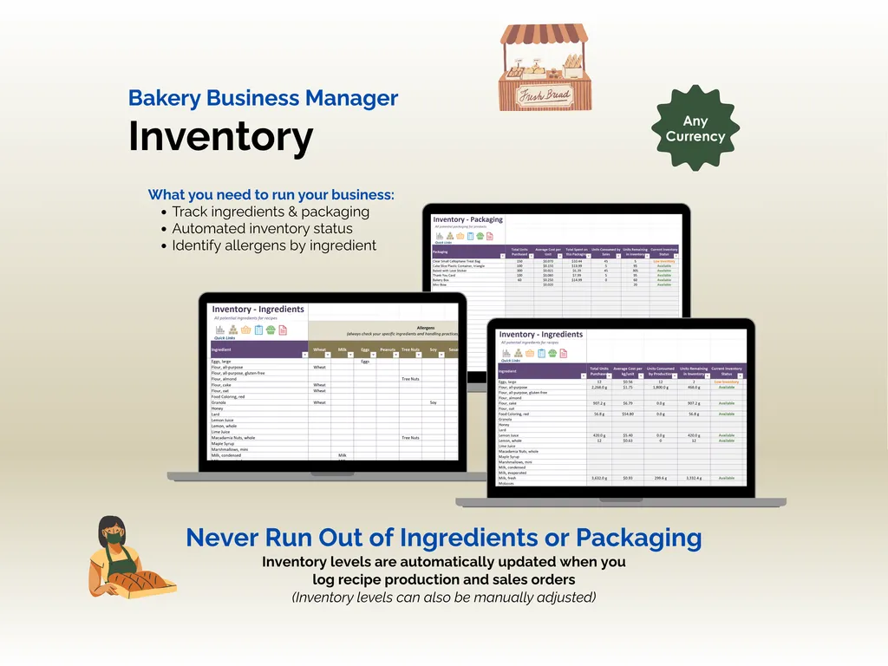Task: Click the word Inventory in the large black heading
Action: (220, 137)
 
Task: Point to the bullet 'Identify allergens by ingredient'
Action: (274, 245)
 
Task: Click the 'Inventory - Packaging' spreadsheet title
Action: (467, 219)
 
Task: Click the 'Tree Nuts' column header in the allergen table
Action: (409, 350)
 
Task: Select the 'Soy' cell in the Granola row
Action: (433, 402)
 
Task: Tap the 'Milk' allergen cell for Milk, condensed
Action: (342, 455)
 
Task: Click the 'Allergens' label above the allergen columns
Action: (425, 328)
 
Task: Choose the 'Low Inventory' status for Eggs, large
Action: (726, 382)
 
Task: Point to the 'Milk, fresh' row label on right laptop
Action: (508, 478)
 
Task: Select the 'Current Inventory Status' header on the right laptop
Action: (726, 371)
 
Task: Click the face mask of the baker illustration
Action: (113, 539)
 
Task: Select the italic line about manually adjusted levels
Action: (443, 597)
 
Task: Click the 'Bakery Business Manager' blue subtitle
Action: (263, 98)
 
